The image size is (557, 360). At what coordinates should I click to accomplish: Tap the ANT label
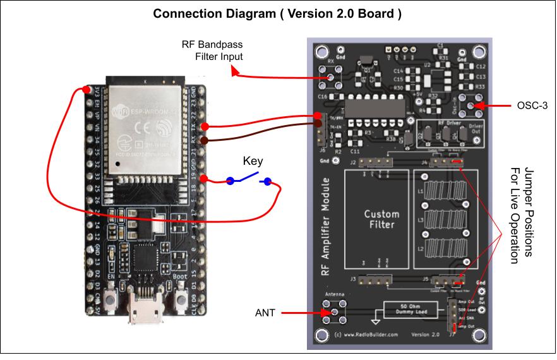click(x=265, y=313)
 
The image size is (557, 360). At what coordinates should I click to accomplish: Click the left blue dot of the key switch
click(x=231, y=182)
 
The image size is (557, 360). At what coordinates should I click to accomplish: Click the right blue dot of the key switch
click(x=267, y=182)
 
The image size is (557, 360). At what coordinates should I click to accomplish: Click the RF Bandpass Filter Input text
click(x=212, y=51)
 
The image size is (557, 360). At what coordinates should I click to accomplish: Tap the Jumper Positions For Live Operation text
click(x=521, y=215)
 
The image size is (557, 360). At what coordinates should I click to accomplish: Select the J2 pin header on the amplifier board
click(x=374, y=162)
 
